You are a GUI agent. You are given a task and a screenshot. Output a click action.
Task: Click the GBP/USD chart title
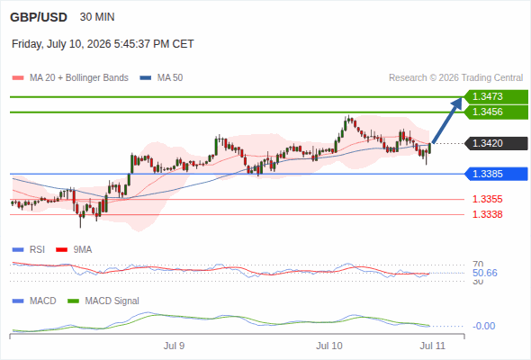[39, 17]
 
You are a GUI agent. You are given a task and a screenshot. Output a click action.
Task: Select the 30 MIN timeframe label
[97, 17]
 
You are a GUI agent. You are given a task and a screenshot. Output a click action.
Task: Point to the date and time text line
[103, 44]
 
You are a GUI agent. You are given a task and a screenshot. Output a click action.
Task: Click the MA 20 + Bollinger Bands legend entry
[70, 78]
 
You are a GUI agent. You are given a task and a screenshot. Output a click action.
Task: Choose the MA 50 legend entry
[161, 78]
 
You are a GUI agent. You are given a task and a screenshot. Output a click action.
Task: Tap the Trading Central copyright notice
[455, 78]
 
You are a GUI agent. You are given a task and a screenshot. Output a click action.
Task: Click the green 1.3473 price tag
[496, 97]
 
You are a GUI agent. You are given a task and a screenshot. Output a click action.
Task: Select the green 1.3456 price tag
[496, 112]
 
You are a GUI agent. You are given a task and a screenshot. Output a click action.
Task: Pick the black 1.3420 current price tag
[496, 143]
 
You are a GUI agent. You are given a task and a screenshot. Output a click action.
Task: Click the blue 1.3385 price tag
[496, 174]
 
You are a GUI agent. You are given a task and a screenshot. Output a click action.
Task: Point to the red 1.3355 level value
[487, 199]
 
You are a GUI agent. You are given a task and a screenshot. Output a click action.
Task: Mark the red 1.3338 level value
[487, 214]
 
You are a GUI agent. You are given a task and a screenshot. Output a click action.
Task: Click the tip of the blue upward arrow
[462, 97]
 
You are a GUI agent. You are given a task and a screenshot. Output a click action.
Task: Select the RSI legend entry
[29, 250]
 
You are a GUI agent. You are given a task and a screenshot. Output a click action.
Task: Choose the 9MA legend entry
[74, 250]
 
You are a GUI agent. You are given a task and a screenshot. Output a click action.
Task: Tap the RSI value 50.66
[485, 273]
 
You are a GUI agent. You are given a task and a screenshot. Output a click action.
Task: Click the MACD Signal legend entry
[103, 301]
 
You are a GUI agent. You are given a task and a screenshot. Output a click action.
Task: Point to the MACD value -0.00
[483, 326]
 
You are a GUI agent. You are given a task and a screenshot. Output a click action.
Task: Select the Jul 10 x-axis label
[329, 346]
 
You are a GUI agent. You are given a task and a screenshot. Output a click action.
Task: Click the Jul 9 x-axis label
[174, 346]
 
